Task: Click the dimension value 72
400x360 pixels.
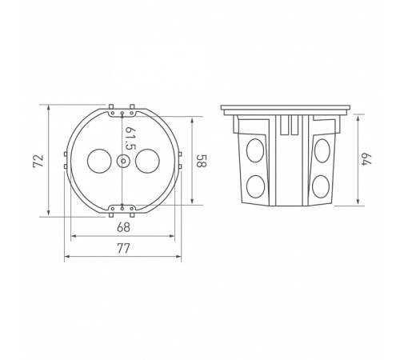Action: coord(38,161)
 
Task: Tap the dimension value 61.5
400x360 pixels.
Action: coord(130,138)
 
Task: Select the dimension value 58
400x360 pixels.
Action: coord(202,161)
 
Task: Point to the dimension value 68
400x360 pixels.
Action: coord(123,227)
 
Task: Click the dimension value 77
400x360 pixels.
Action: coord(123,249)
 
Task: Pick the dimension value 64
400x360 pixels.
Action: coord(366,159)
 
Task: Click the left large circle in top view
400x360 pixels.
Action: coord(99,161)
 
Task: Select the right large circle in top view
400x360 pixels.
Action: coord(147,161)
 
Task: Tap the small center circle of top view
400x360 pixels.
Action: coord(123,161)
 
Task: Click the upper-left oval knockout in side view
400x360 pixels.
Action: coord(255,150)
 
